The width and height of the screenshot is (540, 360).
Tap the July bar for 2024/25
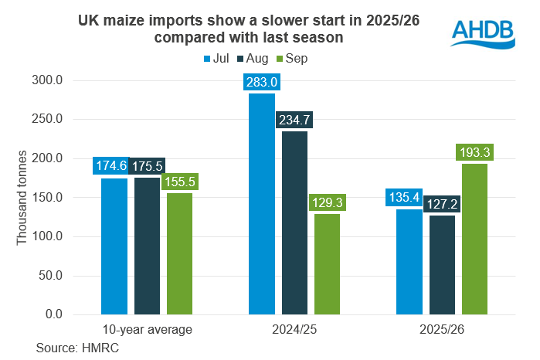(x=262, y=204)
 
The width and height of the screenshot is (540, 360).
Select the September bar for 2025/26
(x=474, y=239)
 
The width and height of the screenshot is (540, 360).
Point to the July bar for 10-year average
(x=114, y=246)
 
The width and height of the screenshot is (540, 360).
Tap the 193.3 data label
(x=474, y=152)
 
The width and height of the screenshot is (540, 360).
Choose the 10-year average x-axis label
(x=147, y=330)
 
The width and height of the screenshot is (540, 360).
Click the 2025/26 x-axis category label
(x=442, y=330)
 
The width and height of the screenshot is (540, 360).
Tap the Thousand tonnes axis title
(x=22, y=197)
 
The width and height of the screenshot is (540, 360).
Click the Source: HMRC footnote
(x=70, y=348)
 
